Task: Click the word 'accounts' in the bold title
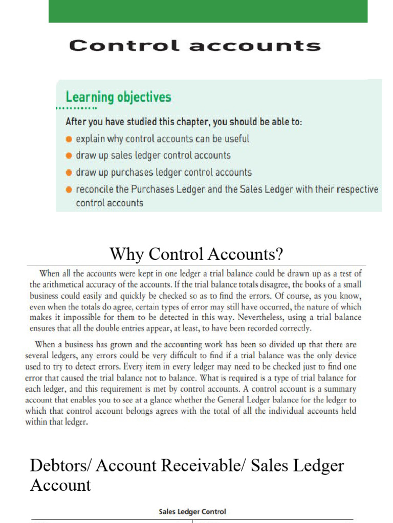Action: pyautogui.click(x=255, y=46)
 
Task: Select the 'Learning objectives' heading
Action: pyautogui.click(x=118, y=97)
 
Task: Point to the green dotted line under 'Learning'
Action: pyautogui.click(x=77, y=108)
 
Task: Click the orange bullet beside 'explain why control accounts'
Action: pyautogui.click(x=69, y=139)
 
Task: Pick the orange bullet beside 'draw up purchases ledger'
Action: pyautogui.click(x=69, y=173)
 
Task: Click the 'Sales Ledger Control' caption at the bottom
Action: pyautogui.click(x=192, y=511)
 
